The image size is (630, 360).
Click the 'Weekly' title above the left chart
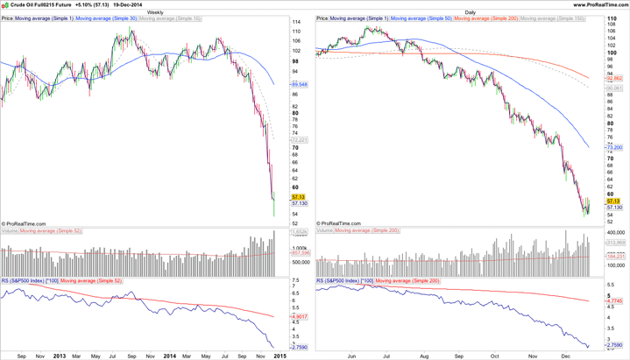tap(155, 12)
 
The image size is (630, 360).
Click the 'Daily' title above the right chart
tap(471, 12)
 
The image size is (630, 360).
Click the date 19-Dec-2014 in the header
tap(128, 4)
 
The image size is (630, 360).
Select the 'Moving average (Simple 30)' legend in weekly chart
tap(106, 18)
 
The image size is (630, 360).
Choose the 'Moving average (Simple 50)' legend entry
tap(421, 18)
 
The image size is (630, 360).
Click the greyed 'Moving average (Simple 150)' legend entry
tap(552, 18)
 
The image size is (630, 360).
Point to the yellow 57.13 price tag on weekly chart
tap(299, 197)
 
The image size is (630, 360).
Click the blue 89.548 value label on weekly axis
tap(299, 85)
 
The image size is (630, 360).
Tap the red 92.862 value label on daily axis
tap(613, 78)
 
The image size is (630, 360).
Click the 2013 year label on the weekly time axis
tap(60, 356)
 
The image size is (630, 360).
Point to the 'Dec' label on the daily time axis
tap(566, 356)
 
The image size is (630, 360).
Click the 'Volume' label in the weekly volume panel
tap(10, 231)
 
